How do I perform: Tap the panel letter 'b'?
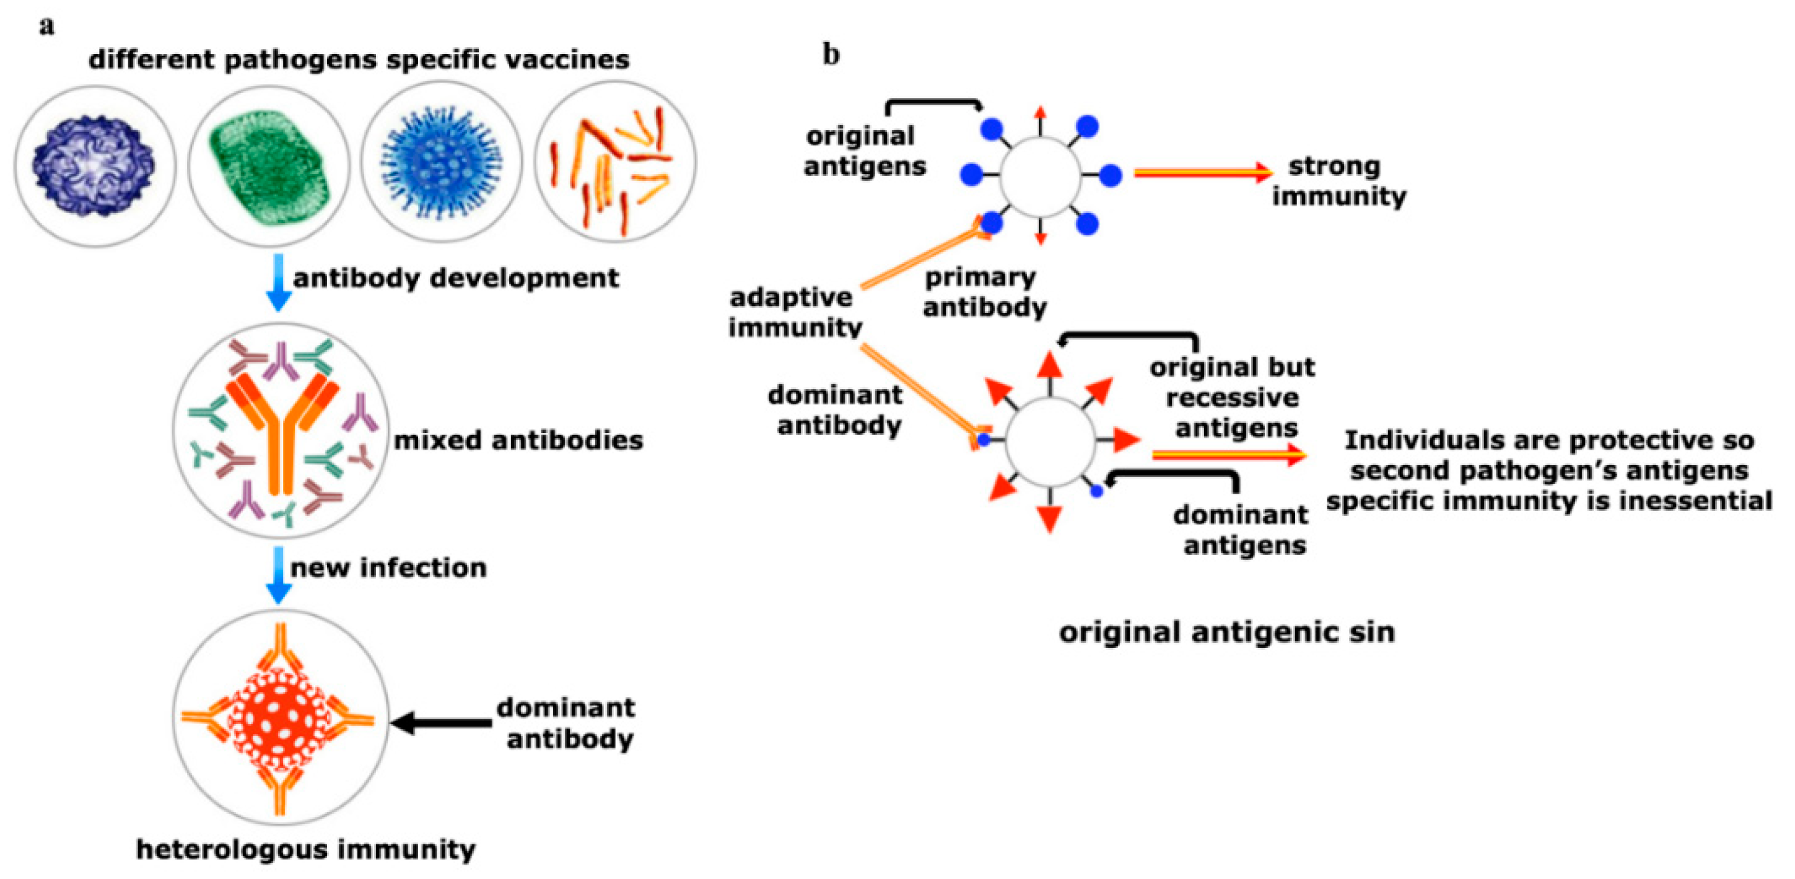(831, 54)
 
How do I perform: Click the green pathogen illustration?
(268, 167)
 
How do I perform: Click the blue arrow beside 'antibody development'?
(279, 282)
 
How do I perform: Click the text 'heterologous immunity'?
(305, 849)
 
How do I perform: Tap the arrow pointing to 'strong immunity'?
(1202, 172)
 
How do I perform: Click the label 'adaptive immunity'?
(794, 312)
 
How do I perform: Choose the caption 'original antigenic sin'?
(1226, 632)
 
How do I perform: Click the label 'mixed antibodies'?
(518, 440)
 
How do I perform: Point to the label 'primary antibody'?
(983, 291)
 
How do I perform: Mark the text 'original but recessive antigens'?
(1232, 396)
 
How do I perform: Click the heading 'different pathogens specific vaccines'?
(359, 59)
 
